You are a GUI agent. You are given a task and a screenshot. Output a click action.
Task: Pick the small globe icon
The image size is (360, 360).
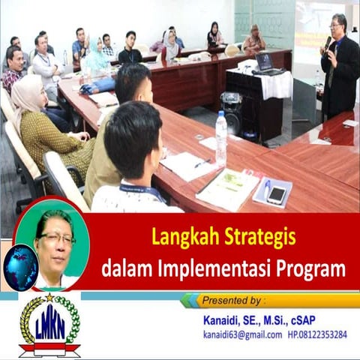[x=20, y=267]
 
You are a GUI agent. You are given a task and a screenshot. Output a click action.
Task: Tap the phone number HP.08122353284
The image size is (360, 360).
[x=317, y=334]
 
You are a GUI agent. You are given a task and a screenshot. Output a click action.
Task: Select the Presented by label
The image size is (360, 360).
[x=233, y=300]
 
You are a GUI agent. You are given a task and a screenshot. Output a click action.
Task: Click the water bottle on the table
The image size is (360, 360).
[x=221, y=138]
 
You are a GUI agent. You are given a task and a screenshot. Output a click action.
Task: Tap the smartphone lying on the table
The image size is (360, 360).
[x=276, y=194]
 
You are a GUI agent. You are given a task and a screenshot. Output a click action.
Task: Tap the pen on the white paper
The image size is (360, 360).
[x=202, y=163]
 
